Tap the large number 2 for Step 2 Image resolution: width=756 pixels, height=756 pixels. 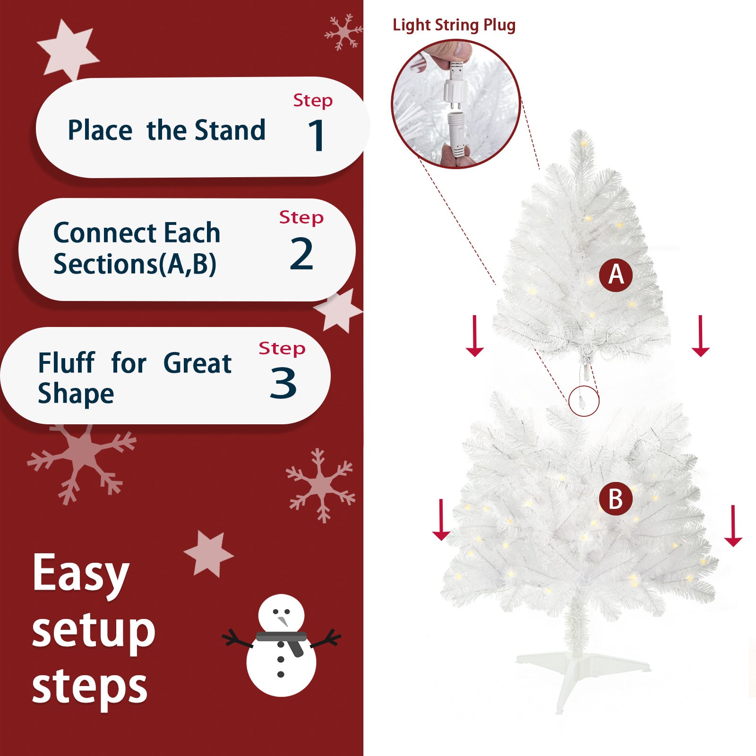click(301, 254)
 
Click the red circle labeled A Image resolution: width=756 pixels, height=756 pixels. click(616, 275)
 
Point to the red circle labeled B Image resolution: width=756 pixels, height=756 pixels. click(616, 499)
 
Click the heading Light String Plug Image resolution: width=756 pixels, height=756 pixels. click(454, 25)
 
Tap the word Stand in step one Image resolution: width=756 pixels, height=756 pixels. click(230, 130)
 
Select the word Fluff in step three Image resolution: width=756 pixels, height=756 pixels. click(66, 363)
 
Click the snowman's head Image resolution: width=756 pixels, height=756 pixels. click(281, 616)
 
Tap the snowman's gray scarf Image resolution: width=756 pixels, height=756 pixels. click(283, 639)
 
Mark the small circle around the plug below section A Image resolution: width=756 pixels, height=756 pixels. click(584, 401)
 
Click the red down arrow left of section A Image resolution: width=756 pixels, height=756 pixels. click(474, 335)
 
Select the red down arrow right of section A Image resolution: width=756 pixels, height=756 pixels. click(700, 335)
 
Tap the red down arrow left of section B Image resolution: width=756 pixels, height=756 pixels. click(441, 520)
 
